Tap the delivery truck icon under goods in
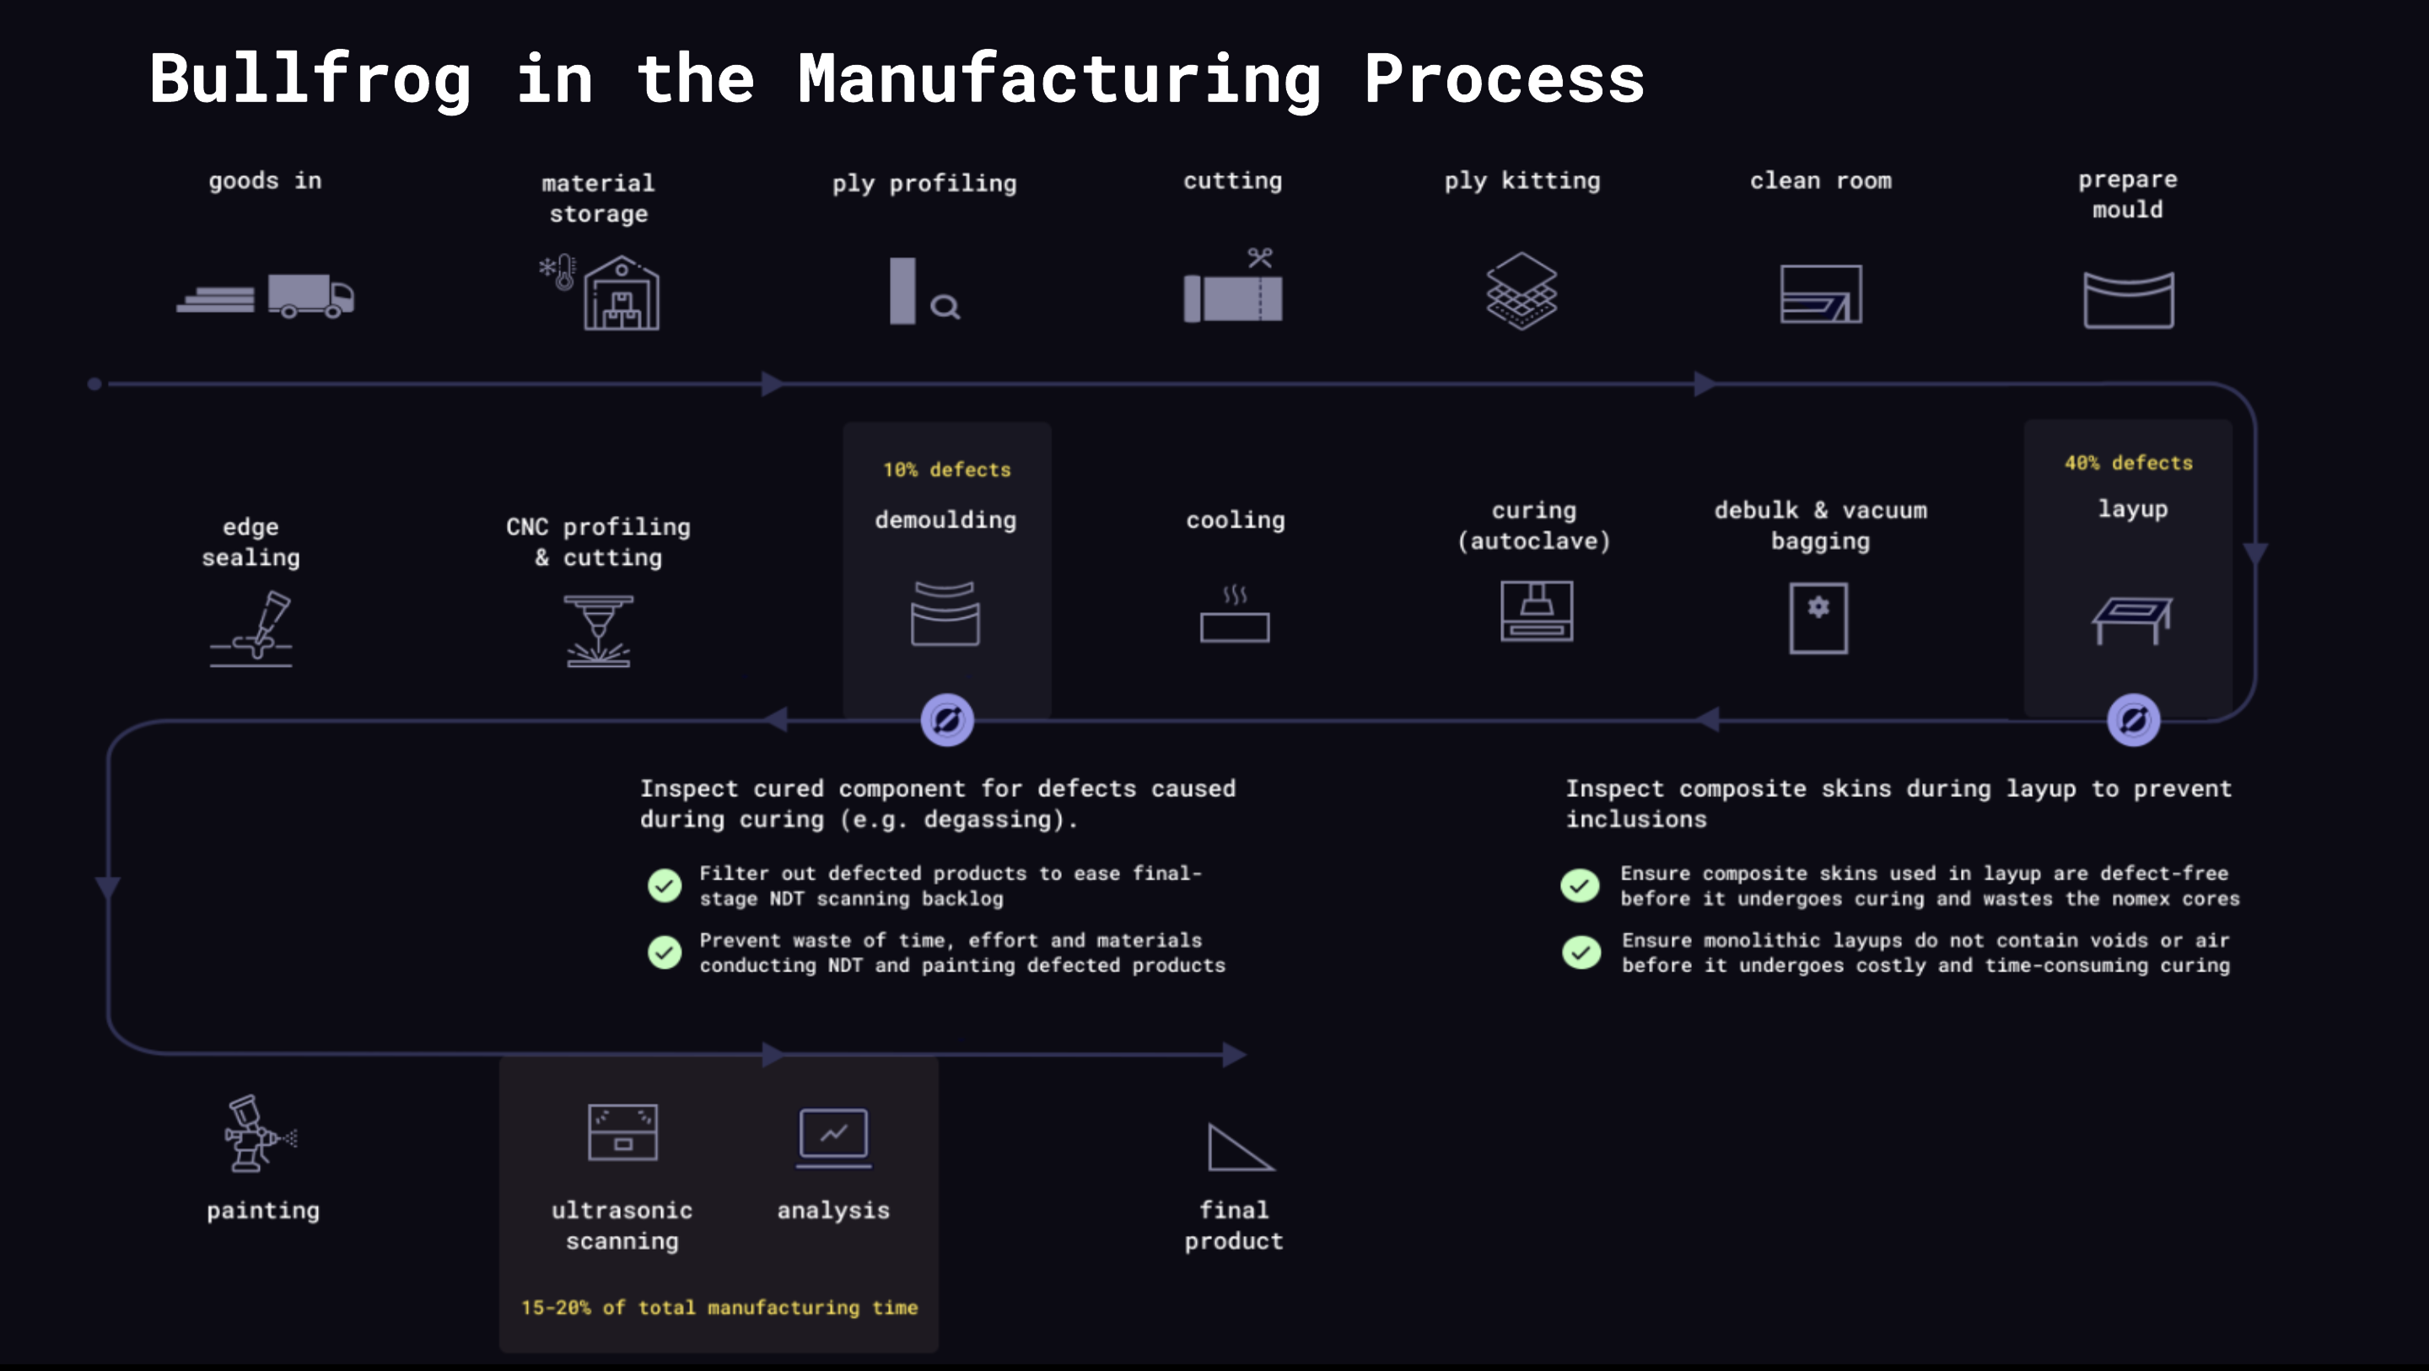(310, 296)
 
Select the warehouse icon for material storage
(621, 294)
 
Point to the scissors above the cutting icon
(1260, 257)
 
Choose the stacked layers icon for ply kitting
(1521, 290)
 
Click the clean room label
(1820, 181)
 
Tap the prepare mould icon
(2128, 300)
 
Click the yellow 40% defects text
(2128, 463)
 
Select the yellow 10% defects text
(945, 470)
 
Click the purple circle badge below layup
(2133, 720)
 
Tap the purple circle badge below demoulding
(946, 720)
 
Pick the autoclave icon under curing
(1536, 611)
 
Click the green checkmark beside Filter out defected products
(664, 885)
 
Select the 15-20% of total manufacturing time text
(719, 1308)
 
